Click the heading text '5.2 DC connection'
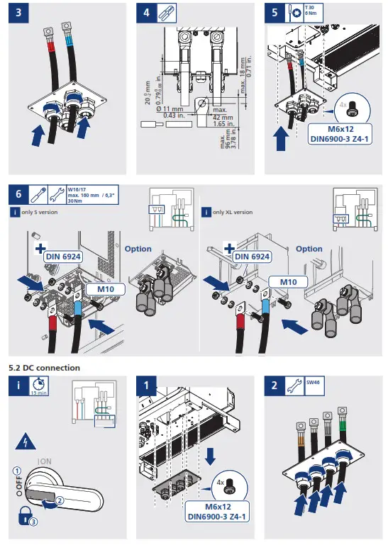44,368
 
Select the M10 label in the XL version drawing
287,281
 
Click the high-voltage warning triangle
26,442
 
